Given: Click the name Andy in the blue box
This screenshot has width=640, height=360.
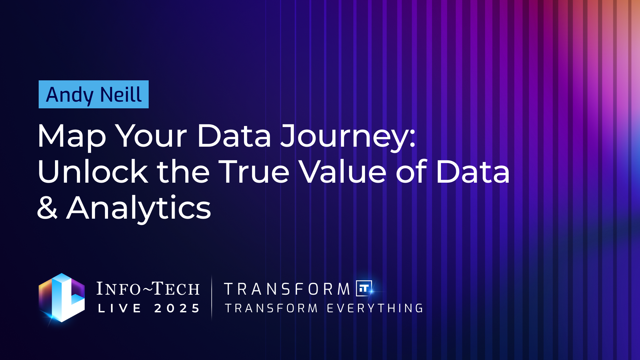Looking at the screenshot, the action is pyautogui.click(x=70, y=95).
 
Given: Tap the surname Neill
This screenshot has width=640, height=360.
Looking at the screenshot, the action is pyautogui.click(x=121, y=94).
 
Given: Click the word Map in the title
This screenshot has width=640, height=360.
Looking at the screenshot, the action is pyautogui.click(x=72, y=136).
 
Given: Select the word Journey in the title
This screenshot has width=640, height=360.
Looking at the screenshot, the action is pyautogui.click(x=343, y=136).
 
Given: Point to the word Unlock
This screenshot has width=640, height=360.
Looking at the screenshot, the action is pyautogui.click(x=93, y=171).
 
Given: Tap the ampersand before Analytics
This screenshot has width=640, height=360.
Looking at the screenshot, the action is pyautogui.click(x=47, y=207).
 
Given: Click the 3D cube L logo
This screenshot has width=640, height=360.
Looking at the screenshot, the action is pyautogui.click(x=62, y=298).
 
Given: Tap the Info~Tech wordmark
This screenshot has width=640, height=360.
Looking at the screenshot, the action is pyautogui.click(x=148, y=289).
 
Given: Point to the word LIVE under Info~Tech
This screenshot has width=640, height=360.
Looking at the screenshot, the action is pyautogui.click(x=120, y=308).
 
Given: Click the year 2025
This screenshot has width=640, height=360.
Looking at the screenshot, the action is pyautogui.click(x=177, y=308).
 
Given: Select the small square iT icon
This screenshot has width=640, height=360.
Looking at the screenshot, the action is pyautogui.click(x=364, y=288).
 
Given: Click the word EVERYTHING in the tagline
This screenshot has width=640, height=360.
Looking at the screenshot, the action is pyautogui.click(x=375, y=308).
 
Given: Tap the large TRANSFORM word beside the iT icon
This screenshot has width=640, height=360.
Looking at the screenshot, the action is pyautogui.click(x=287, y=289).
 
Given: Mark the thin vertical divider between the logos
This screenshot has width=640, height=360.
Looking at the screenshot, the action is pyautogui.click(x=212, y=298).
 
